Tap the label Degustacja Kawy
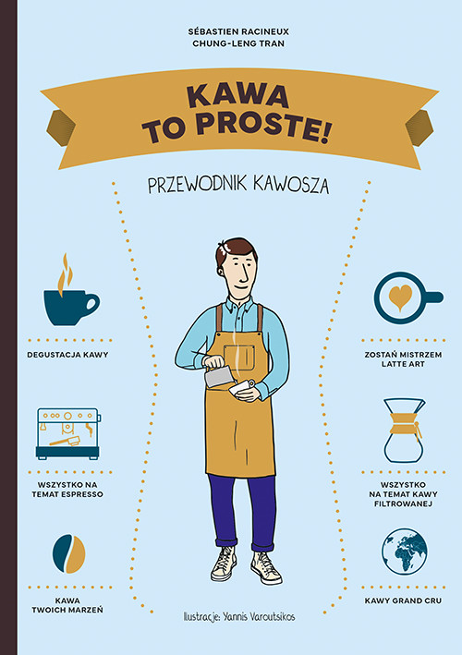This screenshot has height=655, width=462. coord(70,352)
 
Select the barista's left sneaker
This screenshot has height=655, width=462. coord(265,566)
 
